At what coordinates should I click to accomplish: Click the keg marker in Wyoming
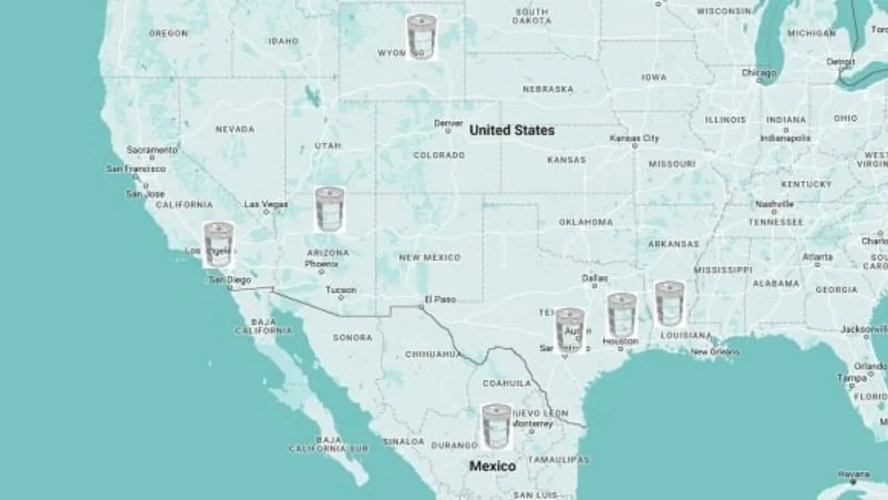421,37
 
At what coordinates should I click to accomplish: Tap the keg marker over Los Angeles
218,244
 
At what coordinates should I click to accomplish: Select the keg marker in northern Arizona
329,210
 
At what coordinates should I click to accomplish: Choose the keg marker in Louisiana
670,304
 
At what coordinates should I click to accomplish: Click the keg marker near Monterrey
496,425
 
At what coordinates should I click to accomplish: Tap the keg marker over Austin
569,330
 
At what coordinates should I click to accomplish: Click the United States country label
511,131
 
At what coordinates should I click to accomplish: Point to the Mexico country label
492,466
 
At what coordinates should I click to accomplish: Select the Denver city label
448,123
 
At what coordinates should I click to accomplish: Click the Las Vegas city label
266,204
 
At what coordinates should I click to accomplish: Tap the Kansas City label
634,139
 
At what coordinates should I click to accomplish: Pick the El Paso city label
440,299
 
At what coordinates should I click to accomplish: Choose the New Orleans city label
715,352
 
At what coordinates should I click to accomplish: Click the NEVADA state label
234,130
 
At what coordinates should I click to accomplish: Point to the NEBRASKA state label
548,90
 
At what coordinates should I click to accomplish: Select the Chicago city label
759,73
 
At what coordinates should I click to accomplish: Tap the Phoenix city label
321,264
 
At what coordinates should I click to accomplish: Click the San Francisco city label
136,169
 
